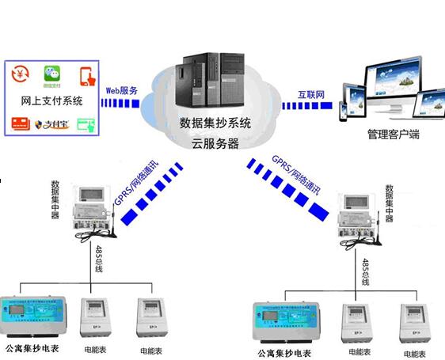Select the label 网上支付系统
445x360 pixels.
[51, 100]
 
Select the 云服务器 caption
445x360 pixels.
[215, 144]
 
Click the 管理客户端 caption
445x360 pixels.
[393, 135]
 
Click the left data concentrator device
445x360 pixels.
[94, 210]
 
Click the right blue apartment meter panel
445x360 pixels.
[286, 324]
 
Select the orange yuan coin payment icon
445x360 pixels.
[20, 74]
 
